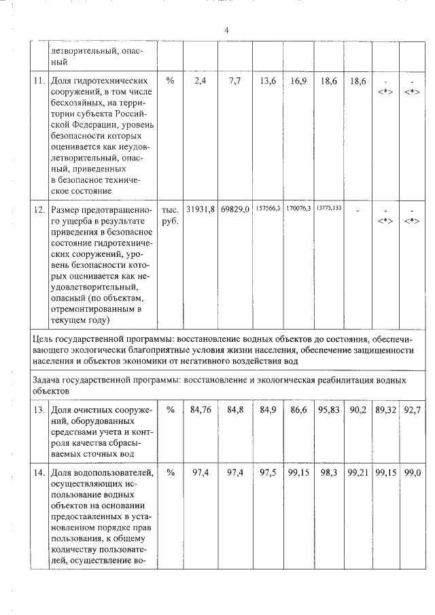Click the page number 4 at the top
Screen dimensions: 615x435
point(227,30)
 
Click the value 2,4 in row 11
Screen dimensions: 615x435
point(200,82)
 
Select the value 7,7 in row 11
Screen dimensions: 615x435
point(235,82)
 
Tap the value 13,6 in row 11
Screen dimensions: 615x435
point(268,82)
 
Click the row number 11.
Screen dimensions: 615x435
point(39,82)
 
